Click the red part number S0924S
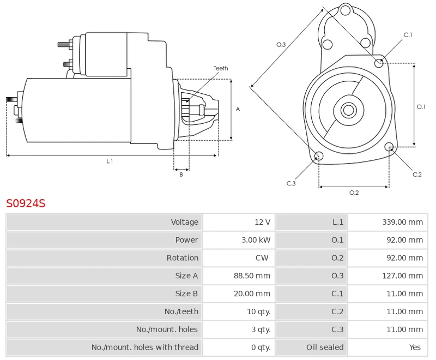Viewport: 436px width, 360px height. tap(26, 203)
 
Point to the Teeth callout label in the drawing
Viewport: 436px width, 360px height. tap(221, 68)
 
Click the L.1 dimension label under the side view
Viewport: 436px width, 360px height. tap(110, 161)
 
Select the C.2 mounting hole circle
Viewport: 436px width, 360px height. tap(389, 147)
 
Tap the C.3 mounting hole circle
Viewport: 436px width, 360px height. tap(319, 157)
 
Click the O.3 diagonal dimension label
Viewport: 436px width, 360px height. tap(281, 44)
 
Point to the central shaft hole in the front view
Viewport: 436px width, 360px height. tap(348, 110)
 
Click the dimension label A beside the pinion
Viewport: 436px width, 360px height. tap(238, 109)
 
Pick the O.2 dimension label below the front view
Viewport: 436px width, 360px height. tap(354, 192)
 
